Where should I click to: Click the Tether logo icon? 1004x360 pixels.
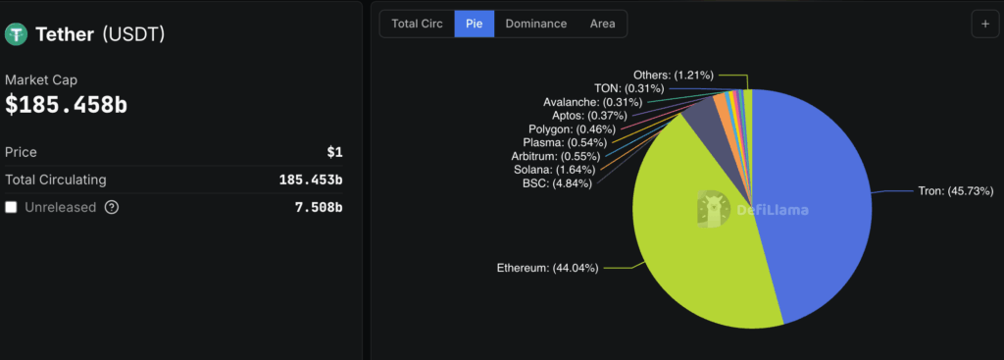click(17, 34)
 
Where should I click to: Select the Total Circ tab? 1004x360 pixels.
click(417, 24)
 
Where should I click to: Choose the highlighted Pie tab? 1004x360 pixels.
click(475, 24)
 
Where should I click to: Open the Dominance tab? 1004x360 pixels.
click(535, 24)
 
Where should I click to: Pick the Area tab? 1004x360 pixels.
click(603, 24)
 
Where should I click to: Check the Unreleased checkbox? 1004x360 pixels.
click(11, 207)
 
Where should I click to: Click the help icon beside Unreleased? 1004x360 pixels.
click(112, 207)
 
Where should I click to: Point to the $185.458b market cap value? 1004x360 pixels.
click(66, 105)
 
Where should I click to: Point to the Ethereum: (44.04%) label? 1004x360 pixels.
click(547, 267)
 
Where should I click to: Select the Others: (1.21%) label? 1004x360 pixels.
click(673, 75)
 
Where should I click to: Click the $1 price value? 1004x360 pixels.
click(334, 153)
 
